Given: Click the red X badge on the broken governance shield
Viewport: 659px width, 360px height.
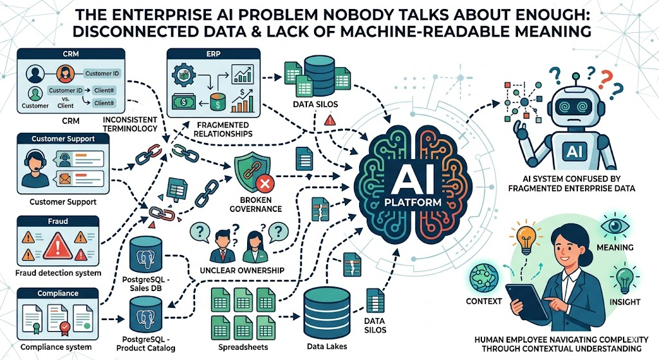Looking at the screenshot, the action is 265,184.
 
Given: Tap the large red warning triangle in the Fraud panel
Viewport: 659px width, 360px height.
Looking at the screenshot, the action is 57,245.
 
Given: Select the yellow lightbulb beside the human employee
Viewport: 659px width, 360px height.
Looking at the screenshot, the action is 526,238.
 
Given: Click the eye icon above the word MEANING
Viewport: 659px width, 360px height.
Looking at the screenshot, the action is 615,226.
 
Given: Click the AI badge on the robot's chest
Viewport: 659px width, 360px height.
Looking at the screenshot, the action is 574,151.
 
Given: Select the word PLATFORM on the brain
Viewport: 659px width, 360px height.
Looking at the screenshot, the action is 413,202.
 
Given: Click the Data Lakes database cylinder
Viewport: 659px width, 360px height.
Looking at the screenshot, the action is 326,314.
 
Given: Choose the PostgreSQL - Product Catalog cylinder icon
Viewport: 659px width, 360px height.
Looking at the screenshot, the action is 146,314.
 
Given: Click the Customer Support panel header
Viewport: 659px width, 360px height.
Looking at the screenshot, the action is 63,139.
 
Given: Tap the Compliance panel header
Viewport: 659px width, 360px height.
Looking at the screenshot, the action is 58,293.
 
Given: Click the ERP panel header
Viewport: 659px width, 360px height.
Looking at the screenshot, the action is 214,54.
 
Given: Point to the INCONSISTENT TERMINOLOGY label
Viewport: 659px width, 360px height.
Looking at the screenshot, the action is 130,124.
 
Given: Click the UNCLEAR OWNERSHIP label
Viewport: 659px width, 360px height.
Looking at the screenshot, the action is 242,270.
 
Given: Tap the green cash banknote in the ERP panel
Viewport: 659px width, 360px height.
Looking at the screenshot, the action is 183,101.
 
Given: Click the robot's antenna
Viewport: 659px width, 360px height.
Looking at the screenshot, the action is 576,80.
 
